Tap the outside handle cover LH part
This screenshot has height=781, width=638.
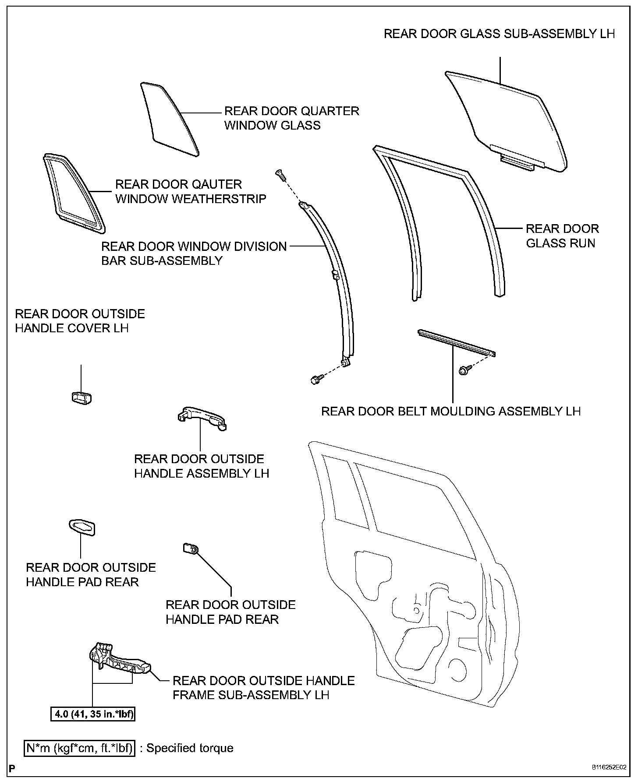[x=81, y=397]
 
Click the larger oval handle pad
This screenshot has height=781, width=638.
[x=82, y=527]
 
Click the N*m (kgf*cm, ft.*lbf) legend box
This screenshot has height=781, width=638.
[x=79, y=748]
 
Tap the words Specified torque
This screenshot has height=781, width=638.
[x=190, y=748]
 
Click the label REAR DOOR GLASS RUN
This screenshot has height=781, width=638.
[x=562, y=236]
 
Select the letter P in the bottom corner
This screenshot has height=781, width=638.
[x=12, y=767]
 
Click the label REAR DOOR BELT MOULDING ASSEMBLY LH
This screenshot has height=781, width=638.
[x=451, y=411]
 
